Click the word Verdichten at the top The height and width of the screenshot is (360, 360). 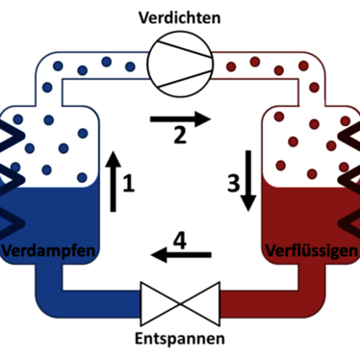tap(180, 17)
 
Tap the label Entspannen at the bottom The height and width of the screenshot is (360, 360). tap(180, 339)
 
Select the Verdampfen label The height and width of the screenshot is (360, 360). tap(49, 251)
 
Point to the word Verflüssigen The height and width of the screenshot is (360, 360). tap(312, 251)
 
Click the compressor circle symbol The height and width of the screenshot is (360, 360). tap(180, 64)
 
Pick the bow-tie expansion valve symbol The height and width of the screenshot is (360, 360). tap(180, 304)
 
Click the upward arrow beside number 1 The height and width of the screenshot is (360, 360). tap(113, 181)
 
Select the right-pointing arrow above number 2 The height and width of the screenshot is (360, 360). tap(180, 119)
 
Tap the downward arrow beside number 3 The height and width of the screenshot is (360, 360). tap(248, 181)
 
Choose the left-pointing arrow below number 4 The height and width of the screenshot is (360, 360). tap(181, 255)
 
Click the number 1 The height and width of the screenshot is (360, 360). tap(129, 184)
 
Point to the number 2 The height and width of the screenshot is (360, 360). tap(180, 135)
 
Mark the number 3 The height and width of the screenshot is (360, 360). tap(234, 184)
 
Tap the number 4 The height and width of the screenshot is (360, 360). tap(180, 241)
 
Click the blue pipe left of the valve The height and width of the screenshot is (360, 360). tap(87, 303)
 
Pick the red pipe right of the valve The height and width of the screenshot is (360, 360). tap(272, 303)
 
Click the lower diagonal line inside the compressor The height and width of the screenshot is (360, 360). tap(185, 79)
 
